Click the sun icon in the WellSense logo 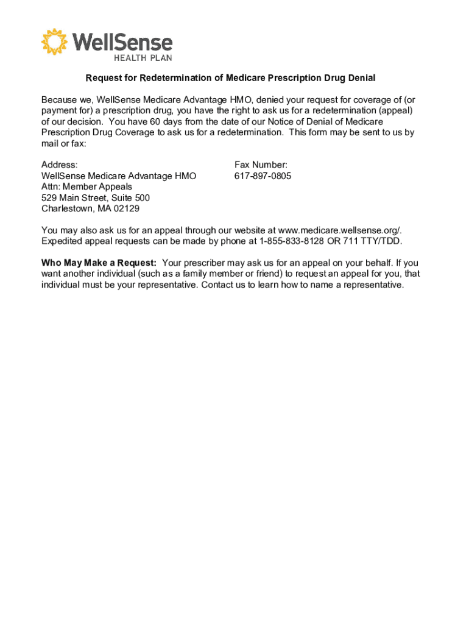[54, 41]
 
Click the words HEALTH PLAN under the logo [143, 57]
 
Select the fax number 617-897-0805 [263, 176]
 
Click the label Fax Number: [261, 165]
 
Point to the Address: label [59, 165]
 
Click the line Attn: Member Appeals [86, 187]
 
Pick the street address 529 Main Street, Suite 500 [96, 198]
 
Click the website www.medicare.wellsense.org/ [340, 230]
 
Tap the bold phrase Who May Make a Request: [99, 263]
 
